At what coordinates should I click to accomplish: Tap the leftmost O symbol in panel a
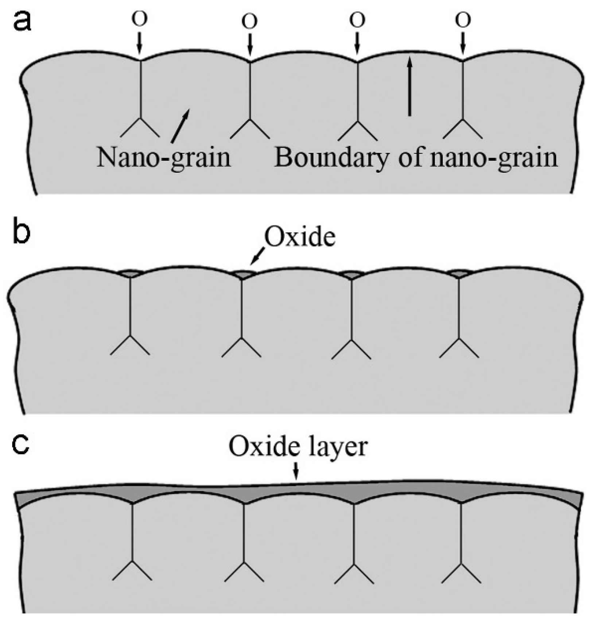(140, 20)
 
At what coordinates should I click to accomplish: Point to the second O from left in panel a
(249, 22)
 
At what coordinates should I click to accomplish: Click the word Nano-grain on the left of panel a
(164, 158)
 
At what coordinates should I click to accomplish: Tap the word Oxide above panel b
(299, 237)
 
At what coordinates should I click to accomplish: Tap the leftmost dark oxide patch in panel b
(130, 273)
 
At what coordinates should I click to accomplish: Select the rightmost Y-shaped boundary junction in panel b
(459, 339)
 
